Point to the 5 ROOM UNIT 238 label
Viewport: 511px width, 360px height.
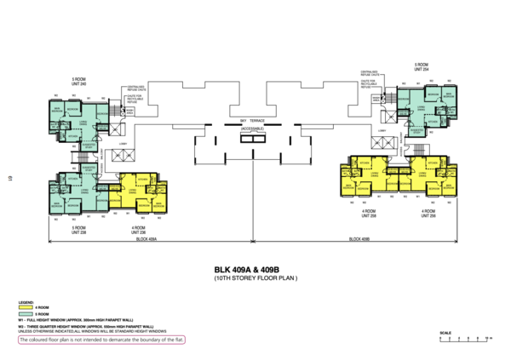(78, 230)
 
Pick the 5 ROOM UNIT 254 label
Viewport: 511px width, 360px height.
(421, 66)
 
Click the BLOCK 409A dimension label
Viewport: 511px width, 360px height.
(146, 241)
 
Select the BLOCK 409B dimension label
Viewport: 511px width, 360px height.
(359, 241)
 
